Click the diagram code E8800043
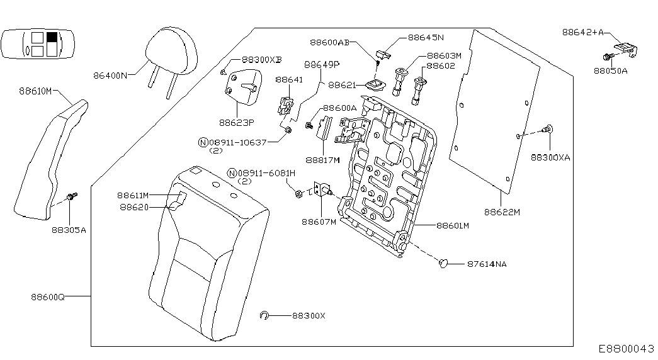tap(627, 348)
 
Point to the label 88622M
tap(502, 212)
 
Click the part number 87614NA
tap(487, 264)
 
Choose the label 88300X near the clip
tap(309, 315)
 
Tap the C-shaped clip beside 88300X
tap(265, 315)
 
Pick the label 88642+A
tap(583, 31)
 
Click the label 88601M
tap(453, 225)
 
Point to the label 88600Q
tap(48, 296)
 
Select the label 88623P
tap(236, 123)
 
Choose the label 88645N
tap(426, 37)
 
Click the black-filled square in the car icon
tap(52, 38)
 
